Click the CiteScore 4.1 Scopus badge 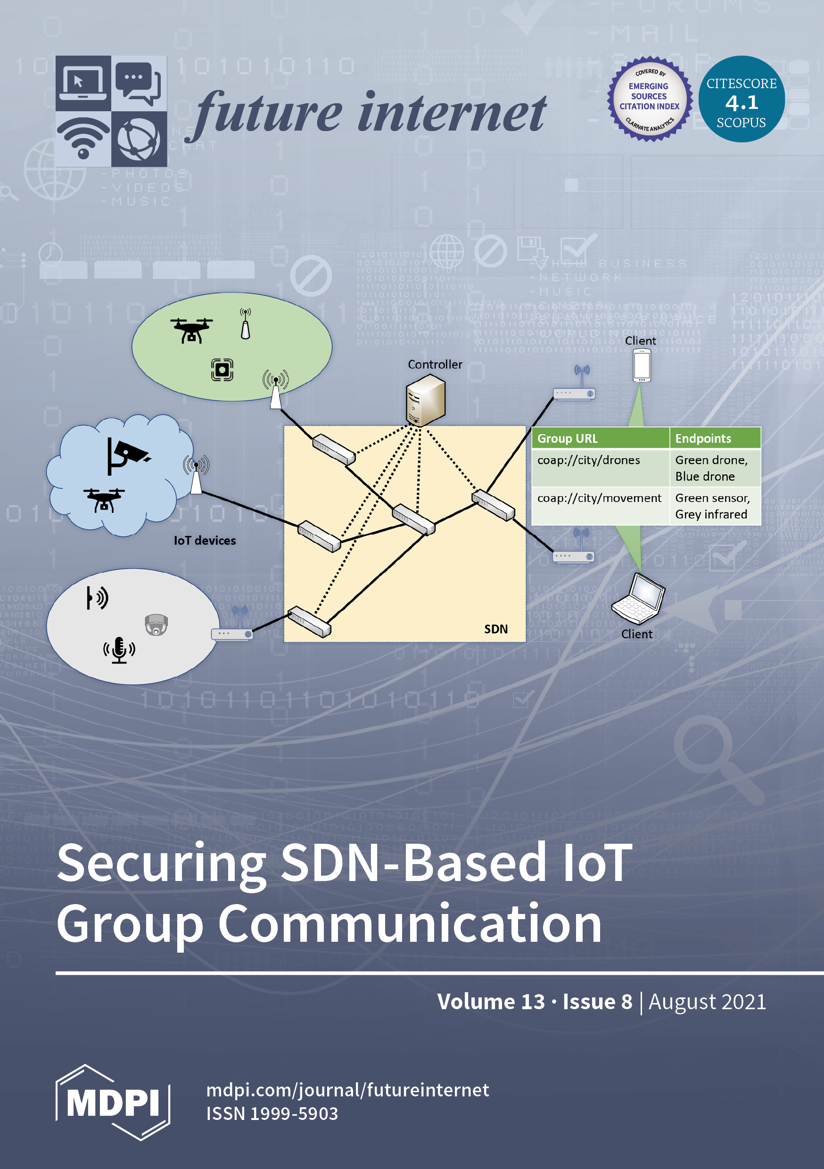click(741, 99)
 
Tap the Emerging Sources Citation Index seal click(649, 99)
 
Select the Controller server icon click(425, 400)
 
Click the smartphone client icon click(642, 366)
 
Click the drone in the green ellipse click(191, 330)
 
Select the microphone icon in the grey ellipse click(119, 650)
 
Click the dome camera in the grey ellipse click(156, 625)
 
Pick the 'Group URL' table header click(568, 438)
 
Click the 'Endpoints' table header click(703, 438)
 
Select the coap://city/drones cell click(589, 460)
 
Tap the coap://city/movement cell click(599, 498)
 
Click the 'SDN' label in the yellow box click(495, 629)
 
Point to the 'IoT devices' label click(205, 541)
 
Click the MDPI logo click(113, 1103)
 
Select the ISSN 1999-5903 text click(272, 1113)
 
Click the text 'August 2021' click(707, 1002)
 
